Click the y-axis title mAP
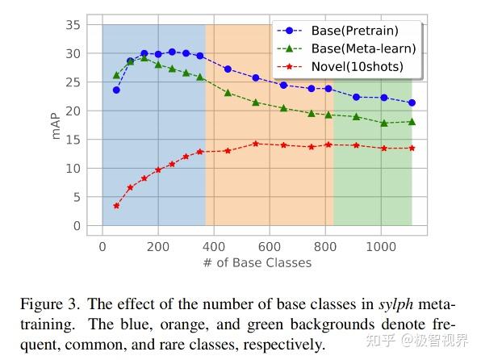56,125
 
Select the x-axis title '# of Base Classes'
257,262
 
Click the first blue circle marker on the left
116,90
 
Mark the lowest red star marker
116,206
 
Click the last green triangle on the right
412,122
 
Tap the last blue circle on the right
412,103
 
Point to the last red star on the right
412,148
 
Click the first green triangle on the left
116,75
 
